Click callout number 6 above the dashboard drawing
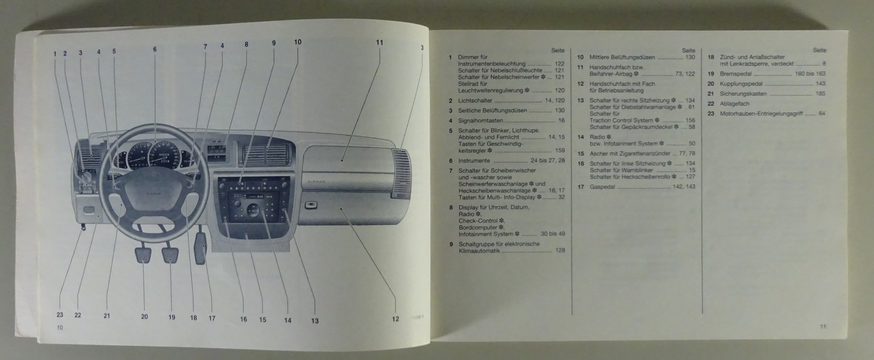155,49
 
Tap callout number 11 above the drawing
380,42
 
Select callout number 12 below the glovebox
395,319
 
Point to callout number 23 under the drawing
60,315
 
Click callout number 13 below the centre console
315,321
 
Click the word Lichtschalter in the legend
475,101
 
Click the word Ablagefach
735,103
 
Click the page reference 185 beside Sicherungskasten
820,93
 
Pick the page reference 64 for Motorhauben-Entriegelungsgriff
822,114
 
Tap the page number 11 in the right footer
823,327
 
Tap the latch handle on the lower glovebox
310,206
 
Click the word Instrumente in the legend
474,161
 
